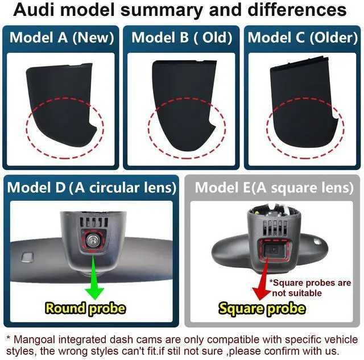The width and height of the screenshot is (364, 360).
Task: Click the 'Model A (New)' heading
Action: click(x=62, y=38)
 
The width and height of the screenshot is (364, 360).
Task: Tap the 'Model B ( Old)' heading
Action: click(x=182, y=38)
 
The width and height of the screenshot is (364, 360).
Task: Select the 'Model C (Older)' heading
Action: click(x=302, y=38)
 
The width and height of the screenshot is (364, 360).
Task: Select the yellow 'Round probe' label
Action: click(x=85, y=309)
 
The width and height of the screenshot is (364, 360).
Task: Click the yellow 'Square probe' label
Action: click(x=262, y=309)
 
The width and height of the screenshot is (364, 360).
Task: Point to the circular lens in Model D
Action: click(x=91, y=242)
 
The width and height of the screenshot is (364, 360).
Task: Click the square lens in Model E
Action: click(x=274, y=250)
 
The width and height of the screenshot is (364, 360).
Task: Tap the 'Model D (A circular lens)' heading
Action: click(x=91, y=188)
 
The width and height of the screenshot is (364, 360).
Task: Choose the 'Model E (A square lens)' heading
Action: click(x=273, y=188)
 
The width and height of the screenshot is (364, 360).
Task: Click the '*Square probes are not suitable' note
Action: click(x=311, y=288)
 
